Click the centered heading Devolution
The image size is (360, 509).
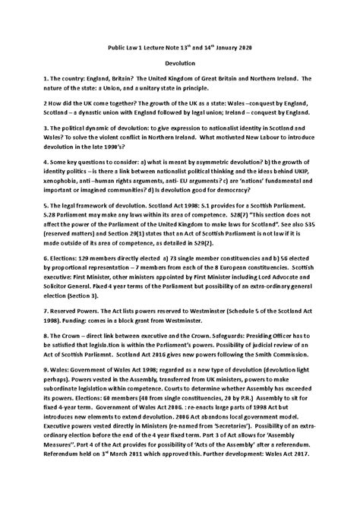click(x=180, y=66)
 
